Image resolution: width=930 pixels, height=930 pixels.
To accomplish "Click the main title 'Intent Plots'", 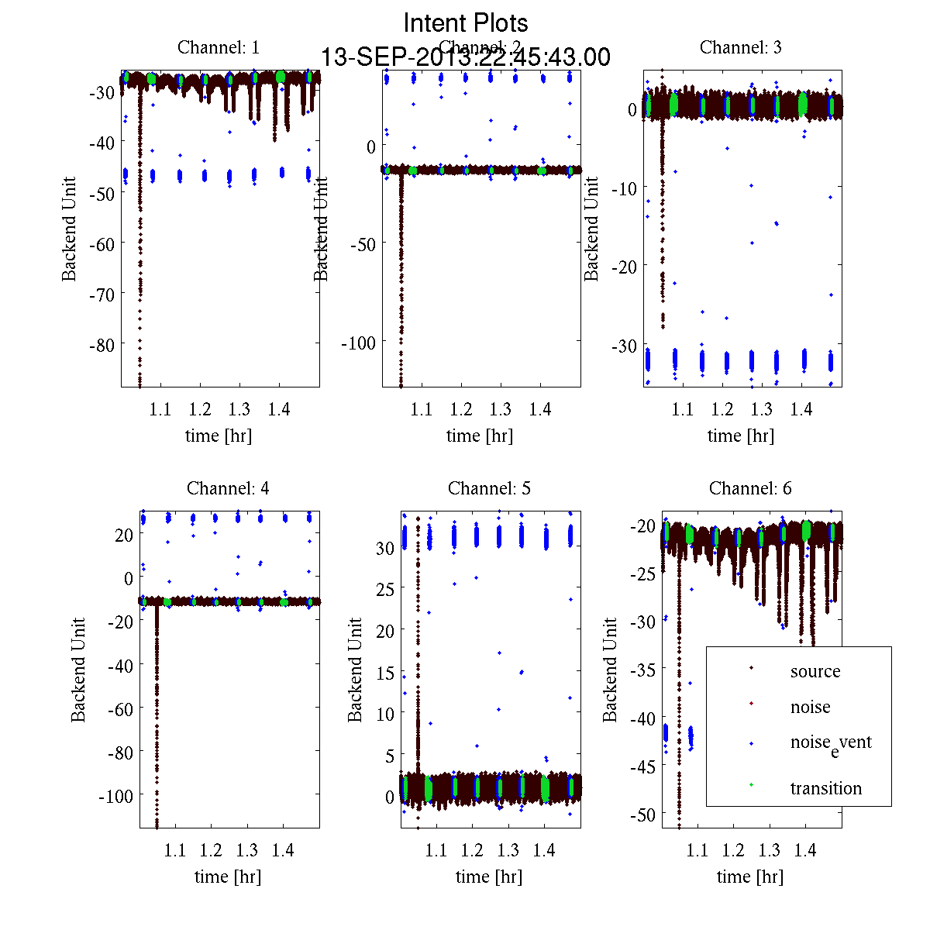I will pos(466,22).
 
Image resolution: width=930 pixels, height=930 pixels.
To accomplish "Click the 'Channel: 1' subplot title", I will pos(219,47).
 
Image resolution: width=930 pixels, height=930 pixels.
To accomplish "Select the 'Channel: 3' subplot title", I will pos(740,47).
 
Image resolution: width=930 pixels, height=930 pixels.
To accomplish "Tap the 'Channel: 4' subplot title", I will pos(228,488).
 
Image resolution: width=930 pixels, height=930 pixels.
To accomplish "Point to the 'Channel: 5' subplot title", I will pos(489,488).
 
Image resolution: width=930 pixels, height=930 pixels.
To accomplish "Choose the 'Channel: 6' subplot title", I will pos(750,488).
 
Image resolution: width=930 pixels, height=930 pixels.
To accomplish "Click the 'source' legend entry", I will pos(815,671).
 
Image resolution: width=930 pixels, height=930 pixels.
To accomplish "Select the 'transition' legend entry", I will pos(825,788).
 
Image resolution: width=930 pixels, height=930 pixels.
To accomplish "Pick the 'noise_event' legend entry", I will pos(830,743).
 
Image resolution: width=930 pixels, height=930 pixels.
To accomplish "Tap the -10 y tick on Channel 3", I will pos(625,188).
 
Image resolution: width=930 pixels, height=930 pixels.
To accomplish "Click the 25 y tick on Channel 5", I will pos(385,589).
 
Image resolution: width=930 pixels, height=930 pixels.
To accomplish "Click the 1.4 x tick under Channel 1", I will pos(279,409).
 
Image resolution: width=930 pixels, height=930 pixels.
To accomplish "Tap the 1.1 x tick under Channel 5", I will pos(436,850).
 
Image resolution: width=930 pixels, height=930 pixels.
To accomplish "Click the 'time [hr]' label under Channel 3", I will pos(740,436).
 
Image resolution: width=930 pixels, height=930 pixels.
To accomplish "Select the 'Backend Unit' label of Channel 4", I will pos(78,670).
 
